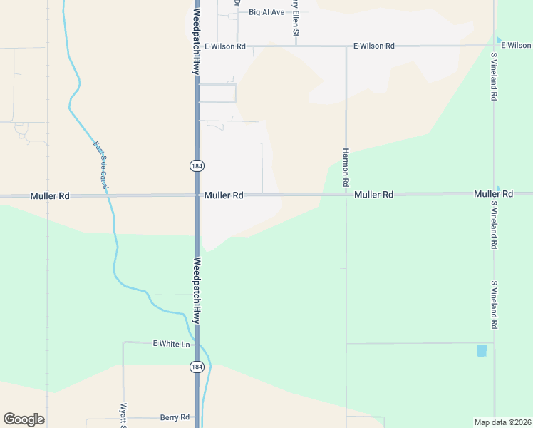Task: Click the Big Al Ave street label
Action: pyautogui.click(x=266, y=12)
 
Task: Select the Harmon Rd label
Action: pyautogui.click(x=346, y=168)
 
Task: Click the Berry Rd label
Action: pyautogui.click(x=175, y=417)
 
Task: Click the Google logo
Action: pyautogui.click(x=24, y=419)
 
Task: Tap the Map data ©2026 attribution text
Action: pyautogui.click(x=502, y=422)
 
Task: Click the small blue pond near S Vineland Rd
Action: pyautogui.click(x=482, y=350)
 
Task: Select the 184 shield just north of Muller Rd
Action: pyautogui.click(x=197, y=165)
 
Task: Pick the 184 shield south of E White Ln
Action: pyautogui.click(x=197, y=367)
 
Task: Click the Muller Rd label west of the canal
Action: pyautogui.click(x=50, y=195)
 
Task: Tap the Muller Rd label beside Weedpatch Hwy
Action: pyautogui.click(x=224, y=195)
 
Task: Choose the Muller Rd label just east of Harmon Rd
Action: pyautogui.click(x=374, y=195)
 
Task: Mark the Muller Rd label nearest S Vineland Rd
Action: pyautogui.click(x=493, y=194)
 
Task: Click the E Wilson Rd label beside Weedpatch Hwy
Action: pyautogui.click(x=224, y=46)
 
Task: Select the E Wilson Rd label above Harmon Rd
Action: pyautogui.click(x=374, y=46)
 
